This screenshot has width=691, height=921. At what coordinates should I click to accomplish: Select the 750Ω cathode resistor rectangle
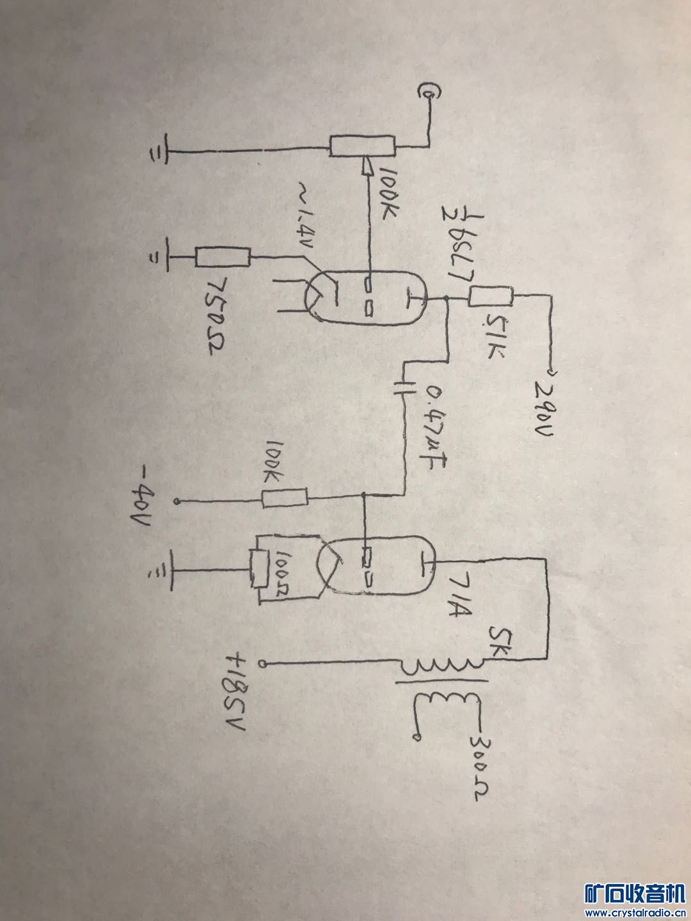click(x=223, y=258)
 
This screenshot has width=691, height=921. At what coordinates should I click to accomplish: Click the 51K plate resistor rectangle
click(x=491, y=297)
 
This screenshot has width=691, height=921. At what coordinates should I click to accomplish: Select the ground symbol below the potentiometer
click(x=155, y=153)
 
